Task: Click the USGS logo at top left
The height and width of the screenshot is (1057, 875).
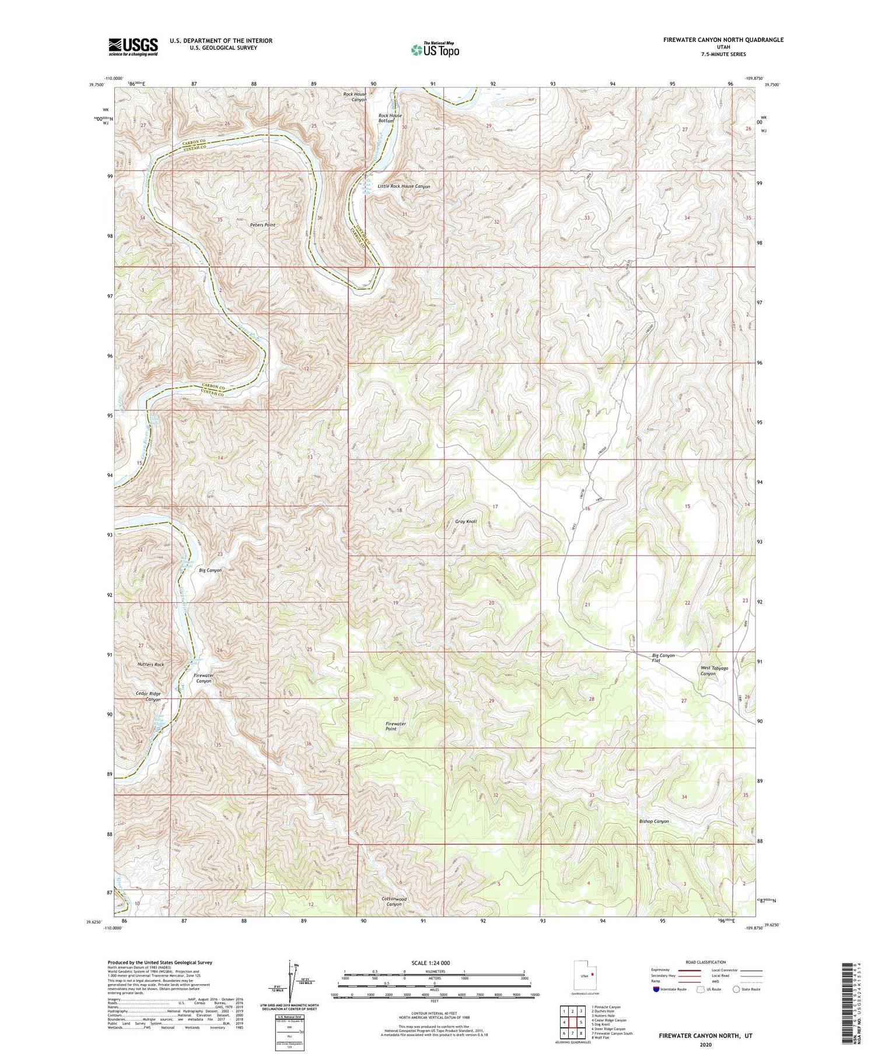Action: tap(133, 47)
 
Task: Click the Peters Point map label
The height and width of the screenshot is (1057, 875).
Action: tap(262, 224)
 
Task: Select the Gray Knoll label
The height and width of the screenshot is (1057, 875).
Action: tap(466, 521)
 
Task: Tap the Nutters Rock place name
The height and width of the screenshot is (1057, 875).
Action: tap(150, 665)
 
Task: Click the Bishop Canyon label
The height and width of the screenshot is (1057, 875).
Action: tap(653, 821)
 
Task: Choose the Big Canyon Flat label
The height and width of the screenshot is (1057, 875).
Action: tap(663, 658)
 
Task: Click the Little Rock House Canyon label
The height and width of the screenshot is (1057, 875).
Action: tap(404, 187)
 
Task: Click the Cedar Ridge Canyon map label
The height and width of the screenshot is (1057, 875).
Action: tap(148, 696)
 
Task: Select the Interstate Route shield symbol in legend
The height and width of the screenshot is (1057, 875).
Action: tap(657, 989)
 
